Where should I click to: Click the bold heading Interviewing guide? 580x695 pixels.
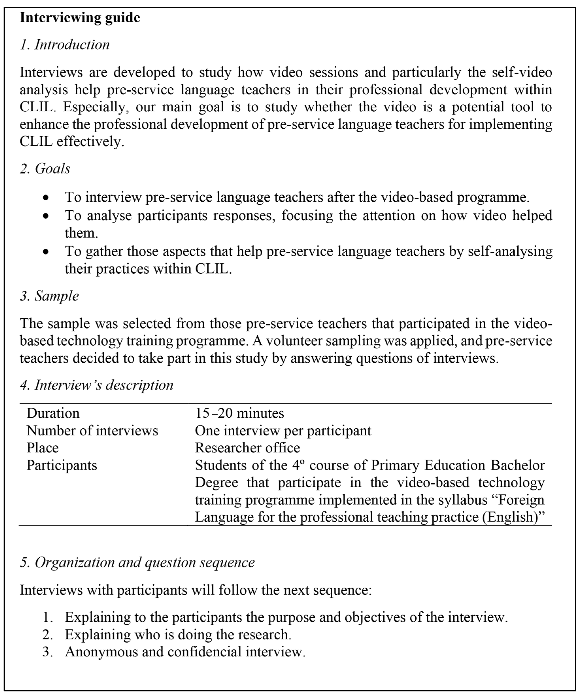pos(80,18)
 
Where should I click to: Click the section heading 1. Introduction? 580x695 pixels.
pos(65,45)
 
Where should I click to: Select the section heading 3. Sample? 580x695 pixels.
pos(49,296)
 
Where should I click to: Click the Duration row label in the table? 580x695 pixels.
pos(53,413)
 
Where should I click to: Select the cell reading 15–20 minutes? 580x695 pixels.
pos(239,413)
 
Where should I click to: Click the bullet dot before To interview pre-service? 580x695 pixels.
pos(46,198)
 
